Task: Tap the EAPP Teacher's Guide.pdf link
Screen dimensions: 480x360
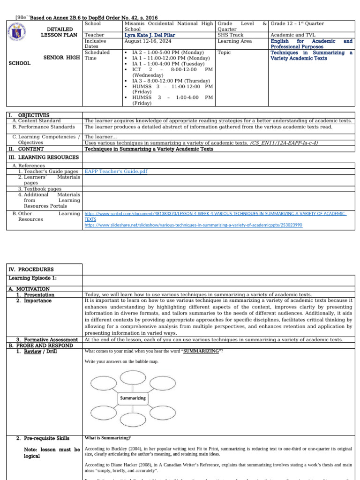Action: click(x=115, y=172)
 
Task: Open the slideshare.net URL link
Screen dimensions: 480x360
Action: click(x=193, y=225)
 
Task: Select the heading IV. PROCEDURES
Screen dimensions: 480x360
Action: click(x=30, y=270)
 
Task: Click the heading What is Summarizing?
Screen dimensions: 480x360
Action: click(x=107, y=438)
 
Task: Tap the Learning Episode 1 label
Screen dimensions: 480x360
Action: click(x=32, y=278)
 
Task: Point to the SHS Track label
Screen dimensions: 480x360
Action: click(x=231, y=35)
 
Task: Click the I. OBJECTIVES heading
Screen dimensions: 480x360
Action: click(x=29, y=115)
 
